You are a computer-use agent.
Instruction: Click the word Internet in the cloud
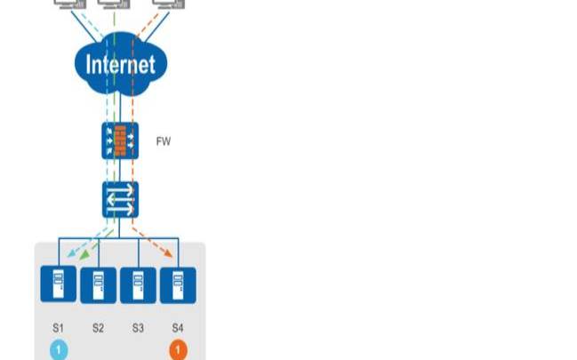click(x=120, y=64)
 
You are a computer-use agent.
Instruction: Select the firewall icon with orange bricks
click(x=120, y=140)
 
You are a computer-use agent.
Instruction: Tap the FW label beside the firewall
click(x=163, y=140)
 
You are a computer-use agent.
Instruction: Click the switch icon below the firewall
click(x=120, y=199)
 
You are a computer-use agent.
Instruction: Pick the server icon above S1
click(x=58, y=284)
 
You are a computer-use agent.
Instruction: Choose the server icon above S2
click(x=98, y=284)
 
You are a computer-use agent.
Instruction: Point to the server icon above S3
click(x=138, y=284)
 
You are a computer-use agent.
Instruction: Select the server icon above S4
click(x=178, y=284)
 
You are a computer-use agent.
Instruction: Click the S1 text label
click(x=58, y=328)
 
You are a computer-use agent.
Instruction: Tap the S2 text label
click(x=98, y=328)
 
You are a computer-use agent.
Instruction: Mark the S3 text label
click(x=138, y=328)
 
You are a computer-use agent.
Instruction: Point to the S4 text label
click(x=178, y=328)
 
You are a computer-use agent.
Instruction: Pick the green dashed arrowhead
click(x=85, y=256)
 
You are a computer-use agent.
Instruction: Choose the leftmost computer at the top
click(x=68, y=4)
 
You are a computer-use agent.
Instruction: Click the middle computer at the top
click(x=113, y=4)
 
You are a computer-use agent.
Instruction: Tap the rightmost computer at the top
click(x=163, y=4)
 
